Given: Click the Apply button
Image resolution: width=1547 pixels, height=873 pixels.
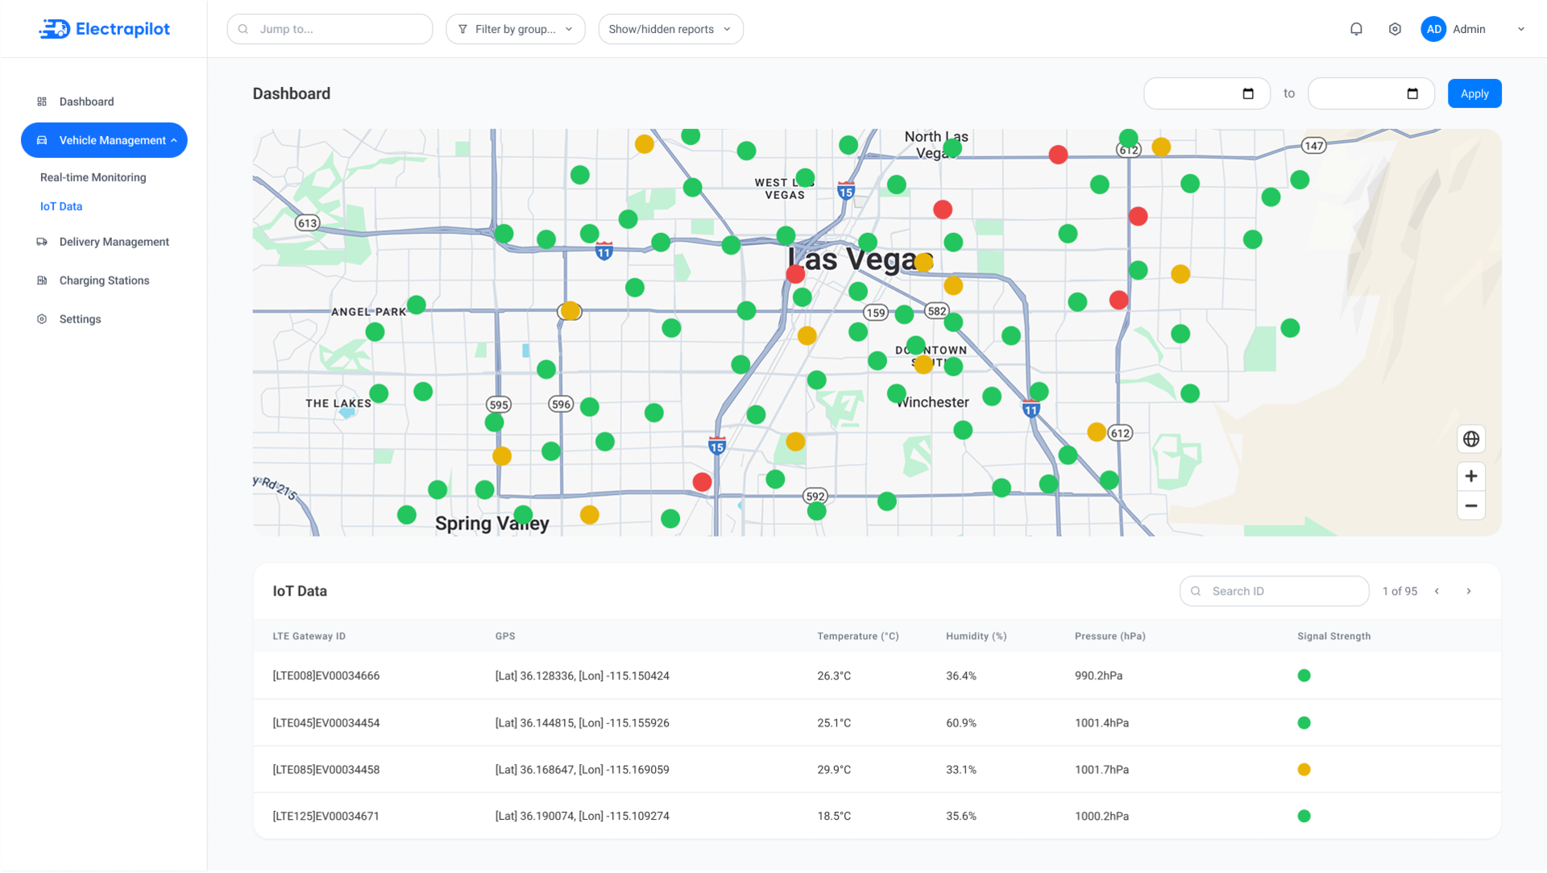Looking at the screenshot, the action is [x=1474, y=94].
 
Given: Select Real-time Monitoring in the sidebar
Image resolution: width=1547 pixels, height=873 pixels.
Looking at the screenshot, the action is [x=93, y=177].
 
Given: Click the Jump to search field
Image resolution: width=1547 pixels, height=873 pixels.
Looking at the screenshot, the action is [x=330, y=29].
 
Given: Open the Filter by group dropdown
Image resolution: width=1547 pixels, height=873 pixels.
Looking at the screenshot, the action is [x=516, y=29].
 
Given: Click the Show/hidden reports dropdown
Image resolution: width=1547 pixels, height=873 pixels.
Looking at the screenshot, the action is [x=670, y=29].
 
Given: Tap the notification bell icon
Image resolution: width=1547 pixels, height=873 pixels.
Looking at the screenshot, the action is [x=1356, y=29].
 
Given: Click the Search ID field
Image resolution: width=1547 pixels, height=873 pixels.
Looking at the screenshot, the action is [x=1274, y=591].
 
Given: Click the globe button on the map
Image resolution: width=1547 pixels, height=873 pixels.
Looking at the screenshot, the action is [x=1471, y=439].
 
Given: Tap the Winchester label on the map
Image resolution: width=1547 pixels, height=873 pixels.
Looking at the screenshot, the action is [x=933, y=402].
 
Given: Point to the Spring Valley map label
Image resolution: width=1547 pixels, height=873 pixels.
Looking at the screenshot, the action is [x=492, y=523].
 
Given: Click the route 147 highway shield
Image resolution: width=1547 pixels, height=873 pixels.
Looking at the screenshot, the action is [x=1314, y=146].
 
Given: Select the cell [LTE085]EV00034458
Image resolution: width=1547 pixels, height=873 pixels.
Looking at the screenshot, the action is [x=326, y=770].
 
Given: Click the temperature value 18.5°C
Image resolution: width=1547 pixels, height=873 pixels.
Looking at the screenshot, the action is [x=834, y=817].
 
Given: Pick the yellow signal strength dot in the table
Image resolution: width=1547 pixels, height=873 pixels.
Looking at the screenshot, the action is [x=1304, y=770].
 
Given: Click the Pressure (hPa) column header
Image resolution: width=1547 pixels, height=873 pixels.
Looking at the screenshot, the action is [x=1109, y=636].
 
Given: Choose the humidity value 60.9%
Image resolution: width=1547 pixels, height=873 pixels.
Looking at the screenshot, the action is [x=961, y=723].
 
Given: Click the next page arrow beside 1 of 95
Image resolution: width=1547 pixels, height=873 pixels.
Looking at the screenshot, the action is [x=1469, y=591].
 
